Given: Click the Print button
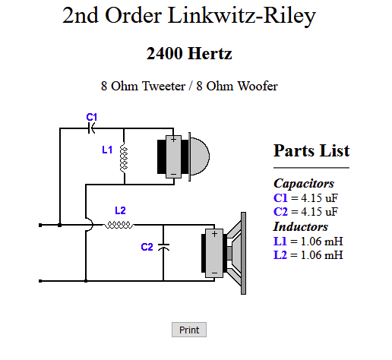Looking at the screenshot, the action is (x=189, y=330).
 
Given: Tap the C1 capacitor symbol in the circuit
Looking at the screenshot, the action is (x=91, y=128).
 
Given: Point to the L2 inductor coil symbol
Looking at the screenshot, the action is (x=119, y=225).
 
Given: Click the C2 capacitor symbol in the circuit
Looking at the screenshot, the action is (x=163, y=247).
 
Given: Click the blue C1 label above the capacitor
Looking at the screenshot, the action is (x=92, y=117).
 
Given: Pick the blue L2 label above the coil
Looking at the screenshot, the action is (x=120, y=210).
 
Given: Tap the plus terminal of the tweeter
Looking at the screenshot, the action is (x=173, y=139).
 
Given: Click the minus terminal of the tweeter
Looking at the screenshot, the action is (x=173, y=175).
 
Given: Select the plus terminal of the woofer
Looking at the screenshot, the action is (x=214, y=234).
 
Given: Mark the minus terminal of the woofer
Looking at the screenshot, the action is (x=214, y=273).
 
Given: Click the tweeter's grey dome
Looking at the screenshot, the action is (x=200, y=156).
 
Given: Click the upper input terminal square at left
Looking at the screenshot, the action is (x=40, y=225).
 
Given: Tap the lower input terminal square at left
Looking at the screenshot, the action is (x=40, y=281).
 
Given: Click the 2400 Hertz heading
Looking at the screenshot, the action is (x=189, y=53).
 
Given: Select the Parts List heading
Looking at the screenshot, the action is (x=311, y=150).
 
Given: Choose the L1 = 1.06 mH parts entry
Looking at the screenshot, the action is (x=308, y=242).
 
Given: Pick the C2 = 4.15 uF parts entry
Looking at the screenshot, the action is (x=305, y=212).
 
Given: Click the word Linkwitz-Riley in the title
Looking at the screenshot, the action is (x=242, y=16).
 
